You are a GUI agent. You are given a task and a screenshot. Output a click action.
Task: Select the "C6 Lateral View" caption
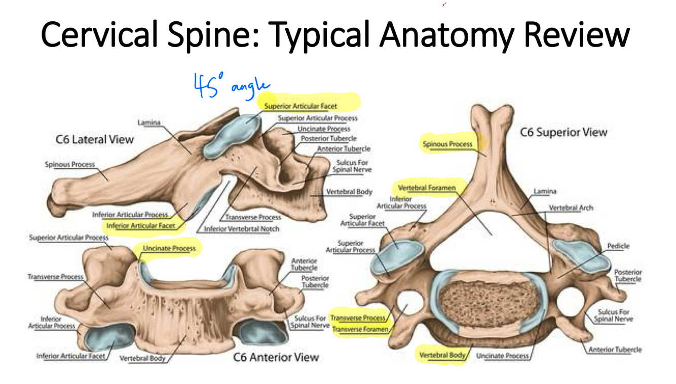click(x=95, y=139)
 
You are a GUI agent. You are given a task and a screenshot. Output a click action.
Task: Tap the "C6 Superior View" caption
click(x=564, y=133)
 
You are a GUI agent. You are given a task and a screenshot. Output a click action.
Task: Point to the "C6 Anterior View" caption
click(x=276, y=357)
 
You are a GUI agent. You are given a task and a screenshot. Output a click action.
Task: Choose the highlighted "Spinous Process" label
click(x=447, y=144)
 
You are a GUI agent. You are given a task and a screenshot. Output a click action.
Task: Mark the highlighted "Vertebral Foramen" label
click(x=427, y=188)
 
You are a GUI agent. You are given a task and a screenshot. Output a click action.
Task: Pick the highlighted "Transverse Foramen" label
click(x=360, y=329)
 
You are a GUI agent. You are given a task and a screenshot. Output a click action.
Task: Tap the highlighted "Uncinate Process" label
click(x=169, y=249)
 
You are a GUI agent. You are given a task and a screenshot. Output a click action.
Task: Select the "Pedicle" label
click(x=618, y=246)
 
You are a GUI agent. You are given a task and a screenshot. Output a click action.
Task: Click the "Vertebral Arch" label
click(x=571, y=208)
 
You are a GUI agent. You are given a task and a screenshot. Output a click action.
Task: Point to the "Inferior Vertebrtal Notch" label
click(x=241, y=229)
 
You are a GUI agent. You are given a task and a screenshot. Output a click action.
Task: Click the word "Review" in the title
click(x=576, y=35)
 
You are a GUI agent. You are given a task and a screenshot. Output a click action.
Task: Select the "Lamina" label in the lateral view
click(x=148, y=123)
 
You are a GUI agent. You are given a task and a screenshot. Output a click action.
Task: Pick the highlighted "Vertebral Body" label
click(x=441, y=355)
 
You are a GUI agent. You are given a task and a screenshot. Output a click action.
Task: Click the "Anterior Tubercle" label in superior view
click(x=615, y=350)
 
